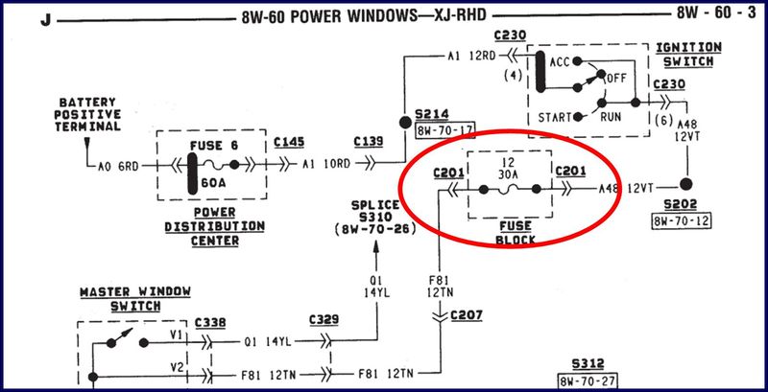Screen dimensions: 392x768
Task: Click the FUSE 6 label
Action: tap(208, 147)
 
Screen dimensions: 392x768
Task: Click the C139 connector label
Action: tap(368, 142)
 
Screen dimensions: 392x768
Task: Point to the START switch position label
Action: tap(554, 118)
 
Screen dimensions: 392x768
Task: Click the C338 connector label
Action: tap(210, 323)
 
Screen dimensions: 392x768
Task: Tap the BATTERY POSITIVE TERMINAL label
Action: tap(90, 114)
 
